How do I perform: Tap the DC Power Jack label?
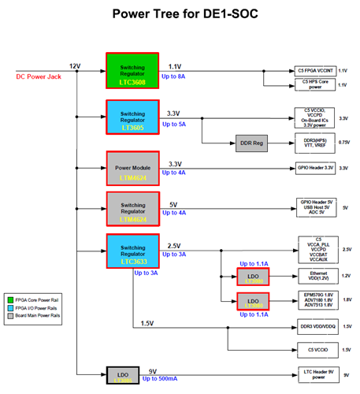[39, 76]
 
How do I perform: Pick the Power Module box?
[132, 167]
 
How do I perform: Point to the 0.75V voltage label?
[344, 143]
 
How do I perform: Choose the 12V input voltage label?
[75, 65]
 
